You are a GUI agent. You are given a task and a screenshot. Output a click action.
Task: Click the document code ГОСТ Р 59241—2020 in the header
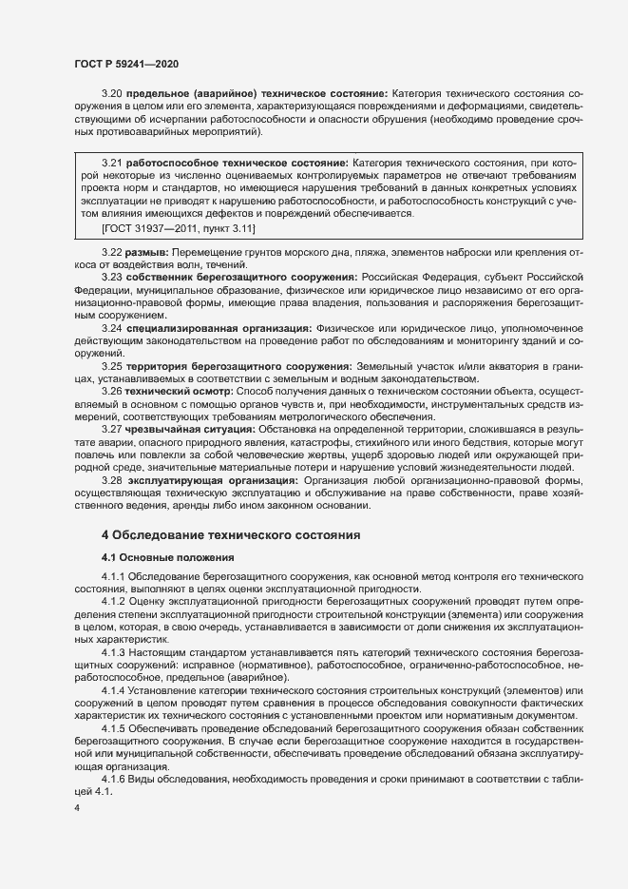pyautogui.click(x=126, y=63)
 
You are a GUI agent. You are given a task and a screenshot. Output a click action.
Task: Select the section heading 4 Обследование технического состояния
pyautogui.click(x=231, y=535)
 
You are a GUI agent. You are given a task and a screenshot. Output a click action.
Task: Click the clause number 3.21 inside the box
pyautogui.click(x=113, y=164)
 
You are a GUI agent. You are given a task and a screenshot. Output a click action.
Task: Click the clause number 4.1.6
pyautogui.click(x=117, y=754)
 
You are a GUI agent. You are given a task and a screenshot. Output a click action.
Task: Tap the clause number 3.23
pyautogui.click(x=113, y=277)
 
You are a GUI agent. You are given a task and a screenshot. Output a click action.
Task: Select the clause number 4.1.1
pyautogui.click(x=117, y=578)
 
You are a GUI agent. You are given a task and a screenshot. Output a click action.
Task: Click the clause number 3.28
pyautogui.click(x=113, y=480)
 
